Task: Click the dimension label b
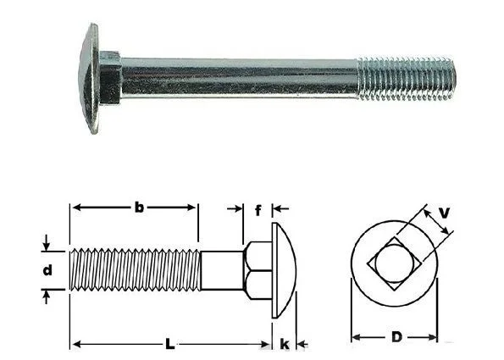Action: pos(139,208)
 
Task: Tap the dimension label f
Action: pos(258,211)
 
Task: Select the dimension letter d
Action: pos(47,270)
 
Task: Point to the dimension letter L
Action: pos(170,345)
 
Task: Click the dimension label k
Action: pos(285,344)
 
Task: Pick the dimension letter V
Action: pos(444,213)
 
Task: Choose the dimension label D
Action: pos(397,337)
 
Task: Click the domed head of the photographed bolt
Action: pos(89,79)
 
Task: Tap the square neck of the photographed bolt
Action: pos(110,78)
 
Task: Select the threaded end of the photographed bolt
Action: pos(407,78)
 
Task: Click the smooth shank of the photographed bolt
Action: pos(240,78)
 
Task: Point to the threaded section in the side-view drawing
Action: pos(136,270)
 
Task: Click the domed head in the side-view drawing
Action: pos(284,270)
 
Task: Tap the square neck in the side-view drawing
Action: pos(258,270)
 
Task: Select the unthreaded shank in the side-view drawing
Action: pos(222,270)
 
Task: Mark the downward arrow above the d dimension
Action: pos(47,242)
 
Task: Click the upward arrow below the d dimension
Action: pos(47,296)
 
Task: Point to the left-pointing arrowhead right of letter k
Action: pos(302,345)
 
